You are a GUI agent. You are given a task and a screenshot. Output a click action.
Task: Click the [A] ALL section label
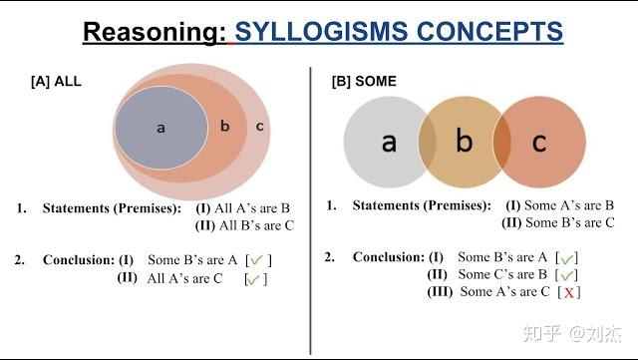click(x=56, y=81)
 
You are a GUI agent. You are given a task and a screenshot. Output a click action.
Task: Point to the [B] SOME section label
click(x=364, y=81)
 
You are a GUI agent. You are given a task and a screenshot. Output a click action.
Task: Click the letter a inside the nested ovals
click(x=160, y=128)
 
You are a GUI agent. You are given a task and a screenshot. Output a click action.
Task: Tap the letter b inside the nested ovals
click(x=224, y=126)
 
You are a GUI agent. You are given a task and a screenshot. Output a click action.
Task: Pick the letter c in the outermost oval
click(x=259, y=126)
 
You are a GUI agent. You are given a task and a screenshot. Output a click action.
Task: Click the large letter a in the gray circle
click(x=389, y=142)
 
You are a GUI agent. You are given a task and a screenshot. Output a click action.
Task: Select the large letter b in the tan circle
click(x=464, y=142)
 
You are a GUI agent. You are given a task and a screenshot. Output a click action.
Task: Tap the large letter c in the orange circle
click(x=538, y=142)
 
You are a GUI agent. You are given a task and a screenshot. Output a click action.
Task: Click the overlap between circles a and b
click(x=427, y=142)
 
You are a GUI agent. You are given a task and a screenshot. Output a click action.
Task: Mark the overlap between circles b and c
click(x=501, y=142)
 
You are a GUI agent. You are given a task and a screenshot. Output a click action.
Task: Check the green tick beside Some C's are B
click(x=567, y=274)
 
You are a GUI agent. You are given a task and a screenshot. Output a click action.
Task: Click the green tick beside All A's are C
click(x=254, y=279)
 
